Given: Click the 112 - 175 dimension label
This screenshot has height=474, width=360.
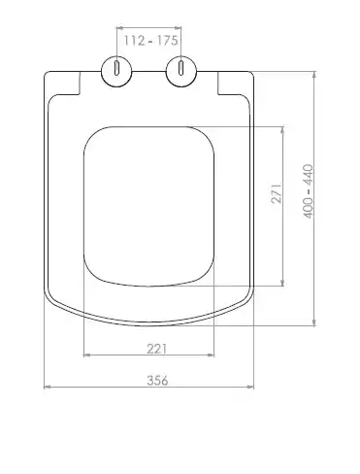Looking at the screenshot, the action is (150, 41).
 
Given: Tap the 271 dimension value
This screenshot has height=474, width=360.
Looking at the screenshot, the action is (277, 193).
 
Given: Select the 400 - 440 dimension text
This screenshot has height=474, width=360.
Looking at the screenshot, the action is (308, 191).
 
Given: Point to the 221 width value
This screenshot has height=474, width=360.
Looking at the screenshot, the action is (157, 349).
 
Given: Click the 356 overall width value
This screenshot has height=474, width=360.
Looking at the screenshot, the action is (157, 381).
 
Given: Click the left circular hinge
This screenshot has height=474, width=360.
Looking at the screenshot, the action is (116, 72).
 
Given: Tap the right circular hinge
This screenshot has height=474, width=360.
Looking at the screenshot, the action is (181, 72).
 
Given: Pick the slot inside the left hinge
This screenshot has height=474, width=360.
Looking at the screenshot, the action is (116, 68).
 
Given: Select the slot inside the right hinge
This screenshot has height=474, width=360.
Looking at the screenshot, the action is (181, 68).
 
